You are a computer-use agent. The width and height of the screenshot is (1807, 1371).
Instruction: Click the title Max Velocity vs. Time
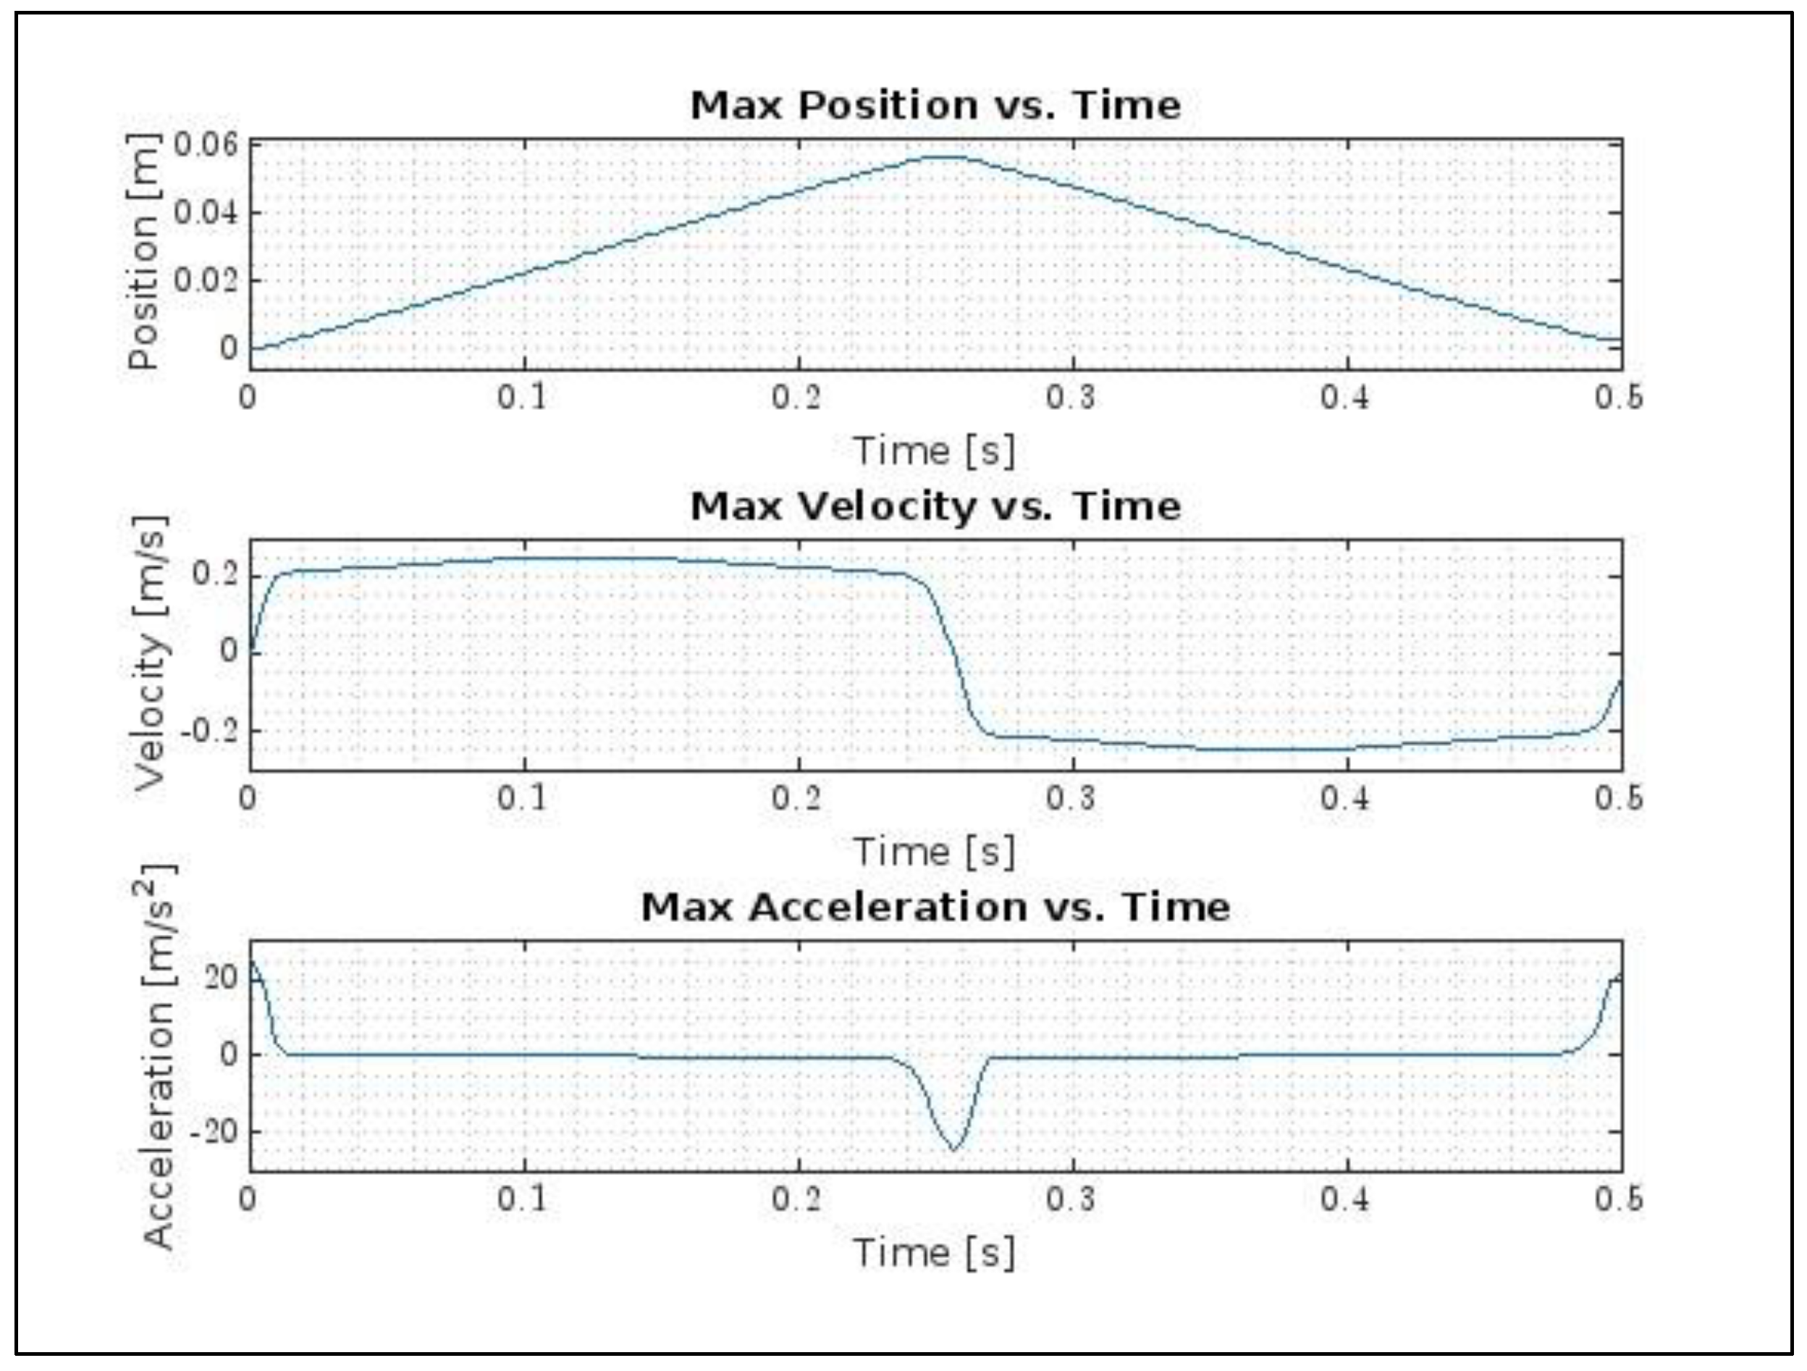pos(935,506)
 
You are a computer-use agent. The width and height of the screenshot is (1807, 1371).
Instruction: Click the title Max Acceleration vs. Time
pos(935,907)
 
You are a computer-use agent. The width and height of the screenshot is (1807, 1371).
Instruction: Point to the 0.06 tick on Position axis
pos(206,145)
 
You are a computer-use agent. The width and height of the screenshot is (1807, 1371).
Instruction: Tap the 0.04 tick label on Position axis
pos(206,212)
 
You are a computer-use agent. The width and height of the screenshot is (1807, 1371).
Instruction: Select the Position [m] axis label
pos(144,251)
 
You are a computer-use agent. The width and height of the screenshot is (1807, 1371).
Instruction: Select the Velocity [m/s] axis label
pos(151,654)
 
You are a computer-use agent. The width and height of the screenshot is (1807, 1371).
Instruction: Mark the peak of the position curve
pos(946,156)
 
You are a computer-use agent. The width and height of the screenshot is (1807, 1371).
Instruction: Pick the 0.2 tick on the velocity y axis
pos(216,575)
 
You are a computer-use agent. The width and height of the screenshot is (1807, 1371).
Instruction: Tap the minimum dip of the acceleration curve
pos(953,1149)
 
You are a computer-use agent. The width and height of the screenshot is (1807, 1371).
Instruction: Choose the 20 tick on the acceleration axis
pos(221,977)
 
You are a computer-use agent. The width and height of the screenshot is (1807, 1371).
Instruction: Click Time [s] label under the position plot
pos(935,451)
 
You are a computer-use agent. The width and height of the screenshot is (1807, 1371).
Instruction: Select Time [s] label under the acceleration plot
pos(935,1252)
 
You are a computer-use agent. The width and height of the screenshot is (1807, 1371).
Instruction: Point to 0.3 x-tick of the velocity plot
pos(1071,798)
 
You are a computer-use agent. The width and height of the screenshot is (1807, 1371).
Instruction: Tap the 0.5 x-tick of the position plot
pos(1619,398)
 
